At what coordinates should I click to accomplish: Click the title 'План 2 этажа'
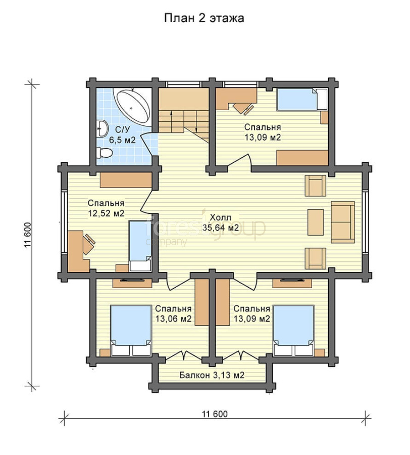[x=204, y=18]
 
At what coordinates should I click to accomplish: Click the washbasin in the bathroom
[x=101, y=128]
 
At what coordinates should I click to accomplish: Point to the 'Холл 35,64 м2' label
[x=221, y=222]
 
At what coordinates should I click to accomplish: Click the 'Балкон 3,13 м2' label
[x=212, y=375]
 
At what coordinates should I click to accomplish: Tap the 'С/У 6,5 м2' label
[x=122, y=134]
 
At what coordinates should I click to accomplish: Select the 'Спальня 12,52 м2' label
[x=106, y=208]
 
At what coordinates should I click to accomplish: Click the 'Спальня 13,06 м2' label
[x=173, y=313]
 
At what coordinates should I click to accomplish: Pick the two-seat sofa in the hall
[x=343, y=222]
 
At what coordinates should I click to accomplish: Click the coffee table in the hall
[x=316, y=222]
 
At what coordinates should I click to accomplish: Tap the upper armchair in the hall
[x=316, y=186]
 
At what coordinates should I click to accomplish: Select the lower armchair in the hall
[x=316, y=258]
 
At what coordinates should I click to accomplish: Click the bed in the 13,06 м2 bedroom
[x=131, y=330]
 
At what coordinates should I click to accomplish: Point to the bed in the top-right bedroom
[x=302, y=99]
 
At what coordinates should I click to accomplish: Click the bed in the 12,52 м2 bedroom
[x=140, y=246]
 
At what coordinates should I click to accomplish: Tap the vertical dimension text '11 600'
[x=28, y=235]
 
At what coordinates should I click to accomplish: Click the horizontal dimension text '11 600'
[x=215, y=414]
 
